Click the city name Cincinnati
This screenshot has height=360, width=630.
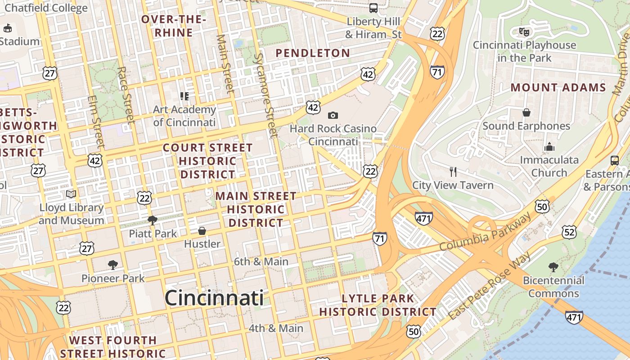coord(214,298)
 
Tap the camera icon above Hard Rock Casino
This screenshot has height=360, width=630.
coord(333,116)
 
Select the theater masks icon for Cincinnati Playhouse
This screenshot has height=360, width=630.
coord(524,31)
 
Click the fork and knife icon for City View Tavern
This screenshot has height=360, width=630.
coord(453,171)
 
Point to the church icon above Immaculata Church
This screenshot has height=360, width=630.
coord(549,147)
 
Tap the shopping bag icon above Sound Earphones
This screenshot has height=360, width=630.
coord(526,112)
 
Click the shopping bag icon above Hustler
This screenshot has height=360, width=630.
coord(202,231)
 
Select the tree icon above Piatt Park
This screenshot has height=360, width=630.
coord(153,220)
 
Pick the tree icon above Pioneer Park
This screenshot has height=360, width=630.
coord(113,265)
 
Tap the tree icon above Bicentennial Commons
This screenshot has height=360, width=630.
coord(553,267)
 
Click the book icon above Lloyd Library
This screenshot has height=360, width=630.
coord(71,194)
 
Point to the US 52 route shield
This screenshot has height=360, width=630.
coord(569,232)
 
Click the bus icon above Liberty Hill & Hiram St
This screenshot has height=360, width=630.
coord(373,8)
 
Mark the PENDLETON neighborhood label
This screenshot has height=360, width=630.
coord(313,53)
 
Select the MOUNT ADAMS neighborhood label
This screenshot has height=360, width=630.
coord(558,88)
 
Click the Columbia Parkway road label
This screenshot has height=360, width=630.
coord(485,233)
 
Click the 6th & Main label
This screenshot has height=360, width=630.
coord(261,261)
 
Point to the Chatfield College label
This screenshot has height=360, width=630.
coord(46,8)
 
